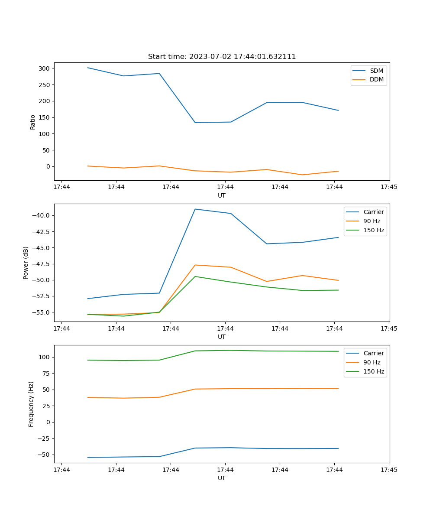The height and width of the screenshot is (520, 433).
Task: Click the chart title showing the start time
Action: [222, 57]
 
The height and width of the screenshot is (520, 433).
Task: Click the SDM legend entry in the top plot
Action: [376, 71]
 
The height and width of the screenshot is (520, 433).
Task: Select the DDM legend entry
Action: [377, 80]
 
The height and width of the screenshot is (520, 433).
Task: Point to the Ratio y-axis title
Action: [33, 122]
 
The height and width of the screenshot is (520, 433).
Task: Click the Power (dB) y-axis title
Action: [26, 263]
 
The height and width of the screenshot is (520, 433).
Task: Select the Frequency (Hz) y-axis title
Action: [31, 404]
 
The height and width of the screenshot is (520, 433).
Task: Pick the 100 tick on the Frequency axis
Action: [45, 357]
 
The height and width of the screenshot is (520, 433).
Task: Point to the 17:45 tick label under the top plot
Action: [389, 187]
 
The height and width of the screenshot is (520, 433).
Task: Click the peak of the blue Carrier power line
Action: [195, 209]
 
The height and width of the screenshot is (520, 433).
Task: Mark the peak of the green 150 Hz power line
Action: [195, 276]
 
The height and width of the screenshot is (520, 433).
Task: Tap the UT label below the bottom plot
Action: [222, 478]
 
